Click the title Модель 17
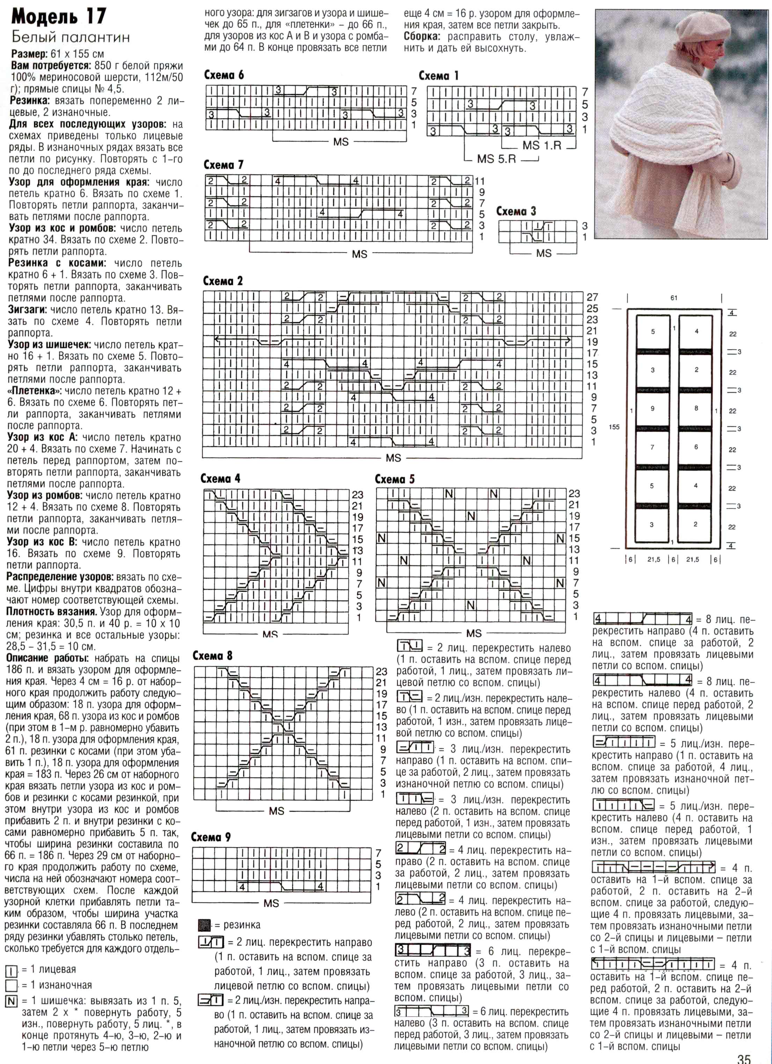pyautogui.click(x=59, y=17)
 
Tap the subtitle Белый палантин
pyautogui.click(x=71, y=37)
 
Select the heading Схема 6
pyautogui.click(x=224, y=75)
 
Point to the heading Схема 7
pyautogui.click(x=223, y=165)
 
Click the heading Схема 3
pyautogui.click(x=516, y=211)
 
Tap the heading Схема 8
pyautogui.click(x=213, y=656)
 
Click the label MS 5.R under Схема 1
pyautogui.click(x=496, y=159)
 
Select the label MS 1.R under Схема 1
pyautogui.click(x=542, y=146)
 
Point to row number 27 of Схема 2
pyautogui.click(x=592, y=297)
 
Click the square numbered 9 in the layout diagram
pyautogui.click(x=652, y=409)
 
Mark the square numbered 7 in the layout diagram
pyautogui.click(x=652, y=448)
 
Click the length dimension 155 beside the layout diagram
pyautogui.click(x=614, y=427)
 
